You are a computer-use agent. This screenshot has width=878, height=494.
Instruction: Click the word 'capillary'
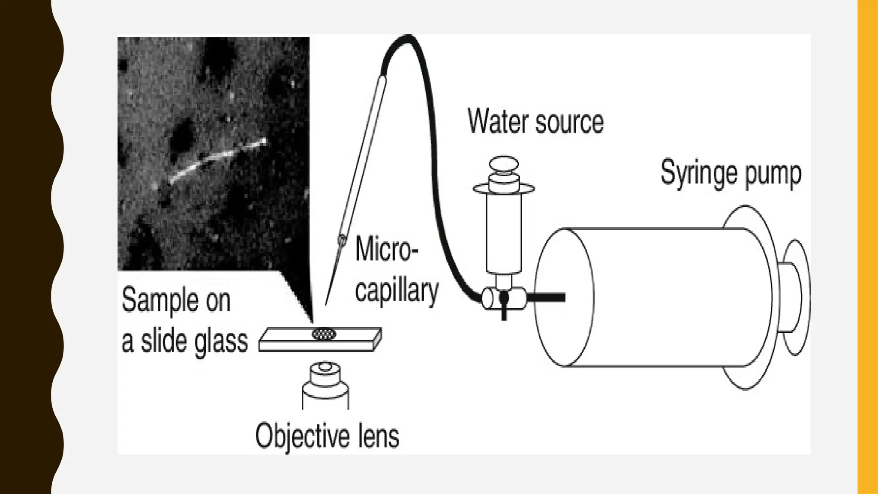(397, 291)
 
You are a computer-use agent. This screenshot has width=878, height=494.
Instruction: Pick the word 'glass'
(221, 342)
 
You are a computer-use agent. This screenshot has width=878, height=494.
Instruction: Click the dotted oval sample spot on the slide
(324, 334)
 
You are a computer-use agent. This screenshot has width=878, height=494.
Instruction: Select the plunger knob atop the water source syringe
(504, 164)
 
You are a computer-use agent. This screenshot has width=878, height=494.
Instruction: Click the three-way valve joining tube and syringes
(504, 298)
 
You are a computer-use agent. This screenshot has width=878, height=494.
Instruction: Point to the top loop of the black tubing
(407, 39)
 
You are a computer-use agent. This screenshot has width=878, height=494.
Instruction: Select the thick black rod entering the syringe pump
(547, 297)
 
